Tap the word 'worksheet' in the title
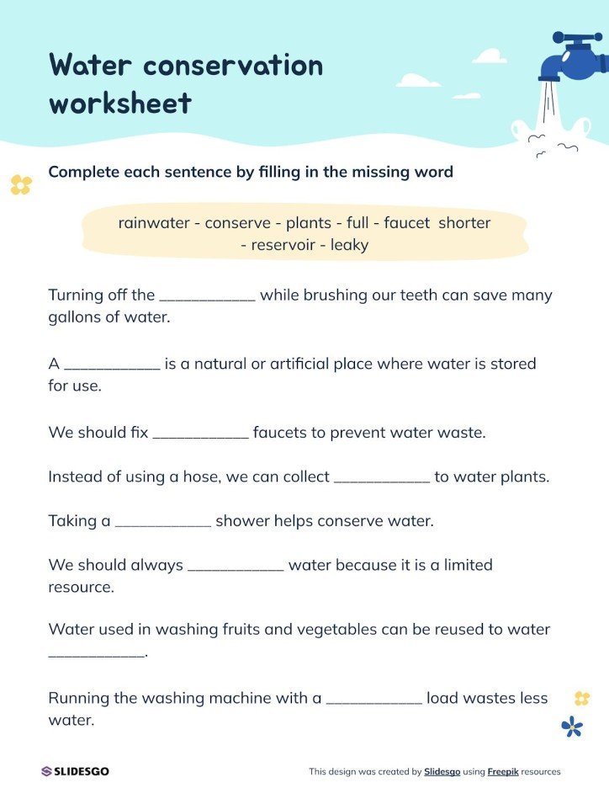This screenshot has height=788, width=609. click(x=120, y=104)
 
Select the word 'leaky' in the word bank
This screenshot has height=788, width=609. click(x=349, y=245)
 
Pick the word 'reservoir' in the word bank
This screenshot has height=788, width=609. click(x=285, y=245)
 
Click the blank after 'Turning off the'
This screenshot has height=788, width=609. click(x=207, y=297)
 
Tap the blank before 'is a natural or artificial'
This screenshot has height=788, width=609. click(x=112, y=366)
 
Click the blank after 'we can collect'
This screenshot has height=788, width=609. click(x=382, y=479)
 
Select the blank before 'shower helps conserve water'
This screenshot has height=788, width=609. click(x=162, y=523)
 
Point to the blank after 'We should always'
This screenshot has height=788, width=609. click(x=236, y=567)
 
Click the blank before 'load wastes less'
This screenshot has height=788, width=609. click(x=373, y=700)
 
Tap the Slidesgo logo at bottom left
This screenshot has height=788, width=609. click(x=75, y=771)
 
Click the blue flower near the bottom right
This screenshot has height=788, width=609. click(x=572, y=726)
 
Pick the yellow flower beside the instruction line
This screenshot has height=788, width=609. click(x=20, y=184)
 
